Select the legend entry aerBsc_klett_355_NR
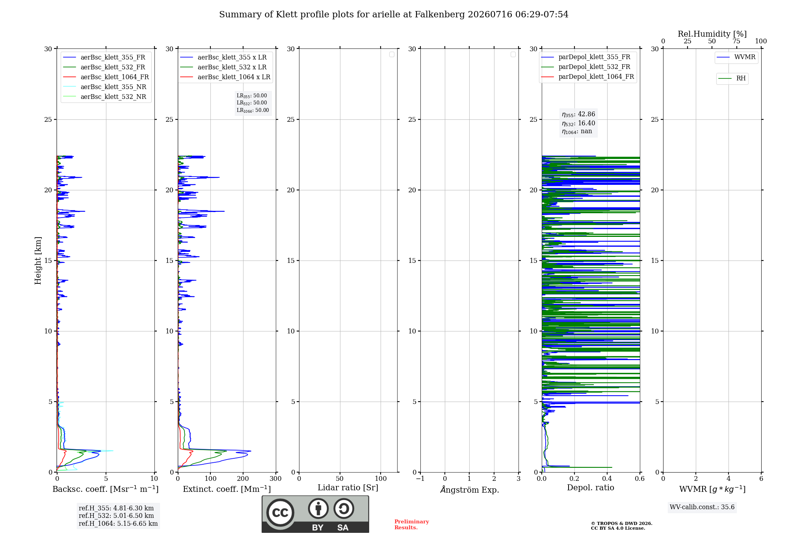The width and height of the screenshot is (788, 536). [x=105, y=87]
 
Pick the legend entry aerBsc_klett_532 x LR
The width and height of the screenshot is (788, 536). [x=223, y=67]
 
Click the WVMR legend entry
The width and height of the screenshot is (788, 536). [x=736, y=57]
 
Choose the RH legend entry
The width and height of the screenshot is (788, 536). [x=732, y=78]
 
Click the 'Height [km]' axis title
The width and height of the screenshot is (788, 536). [x=38, y=261]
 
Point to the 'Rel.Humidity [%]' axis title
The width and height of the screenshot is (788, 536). [x=712, y=34]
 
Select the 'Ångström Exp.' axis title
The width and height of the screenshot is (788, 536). [x=470, y=489]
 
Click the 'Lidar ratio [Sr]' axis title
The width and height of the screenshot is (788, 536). [x=348, y=488]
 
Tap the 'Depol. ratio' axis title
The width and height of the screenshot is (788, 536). [x=591, y=488]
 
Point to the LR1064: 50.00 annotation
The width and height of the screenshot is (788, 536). [x=253, y=110]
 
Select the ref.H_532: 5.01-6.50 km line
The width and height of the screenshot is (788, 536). [x=116, y=516]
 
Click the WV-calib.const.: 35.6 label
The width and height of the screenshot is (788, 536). [x=702, y=507]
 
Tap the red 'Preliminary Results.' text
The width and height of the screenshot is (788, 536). [x=412, y=525]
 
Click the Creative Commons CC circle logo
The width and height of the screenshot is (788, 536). [x=280, y=513]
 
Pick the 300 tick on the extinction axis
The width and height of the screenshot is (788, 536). [x=276, y=479]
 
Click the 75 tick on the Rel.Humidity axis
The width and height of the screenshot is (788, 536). [x=736, y=41]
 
